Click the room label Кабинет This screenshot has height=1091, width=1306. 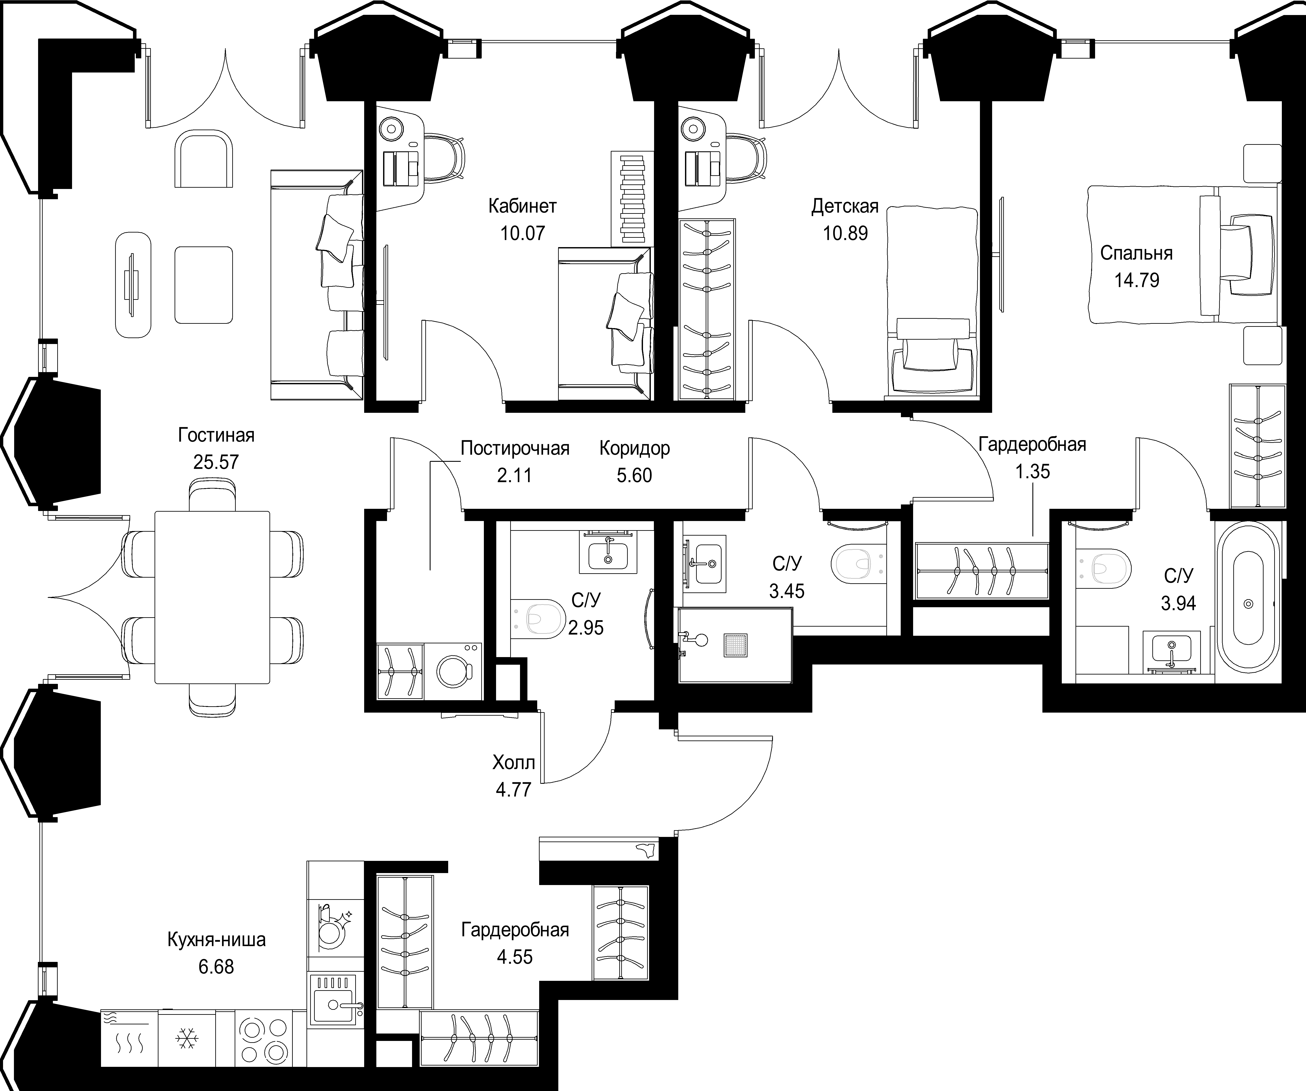click(522, 206)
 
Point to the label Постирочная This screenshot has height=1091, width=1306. click(515, 448)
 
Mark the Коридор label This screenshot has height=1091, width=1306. click(634, 448)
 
